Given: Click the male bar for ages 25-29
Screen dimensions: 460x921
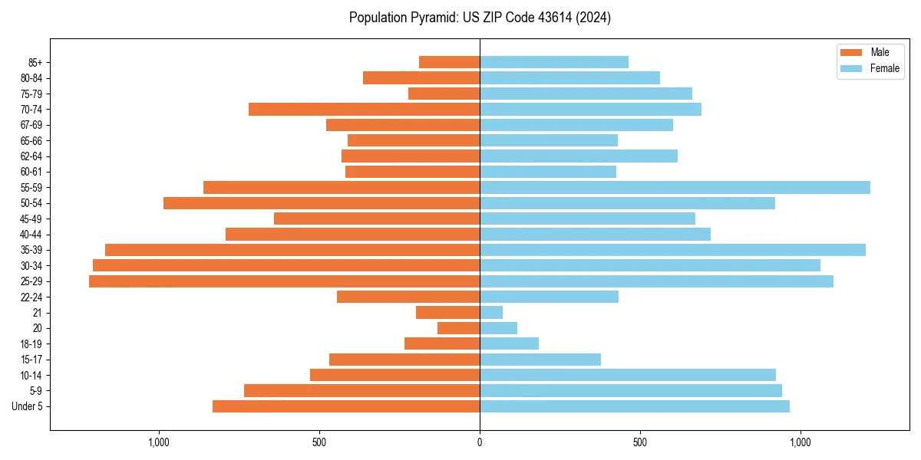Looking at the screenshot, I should pos(284,281).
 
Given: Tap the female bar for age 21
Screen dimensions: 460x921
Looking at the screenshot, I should pos(491,313).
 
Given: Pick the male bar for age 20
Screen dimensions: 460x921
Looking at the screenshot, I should pos(459,328).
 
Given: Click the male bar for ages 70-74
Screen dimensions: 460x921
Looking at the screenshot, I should pos(364,110).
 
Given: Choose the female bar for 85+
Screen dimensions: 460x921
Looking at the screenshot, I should pos(554,62).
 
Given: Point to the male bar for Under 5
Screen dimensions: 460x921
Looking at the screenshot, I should pos(346,406).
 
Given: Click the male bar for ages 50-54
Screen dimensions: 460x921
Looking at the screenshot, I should pos(322,203).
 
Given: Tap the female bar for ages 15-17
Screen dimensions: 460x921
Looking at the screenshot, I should pos(540,360).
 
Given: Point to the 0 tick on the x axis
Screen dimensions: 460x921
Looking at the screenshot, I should pos(480,442).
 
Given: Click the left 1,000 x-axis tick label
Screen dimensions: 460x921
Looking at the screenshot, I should pos(159,442).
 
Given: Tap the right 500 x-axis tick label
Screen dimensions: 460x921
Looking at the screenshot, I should pos(639,442).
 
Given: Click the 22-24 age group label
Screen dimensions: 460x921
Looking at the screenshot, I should pos(32,297).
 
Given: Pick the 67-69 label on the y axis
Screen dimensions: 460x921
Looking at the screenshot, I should pos(32,125).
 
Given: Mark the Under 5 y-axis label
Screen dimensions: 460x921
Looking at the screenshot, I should pos(28,406).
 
